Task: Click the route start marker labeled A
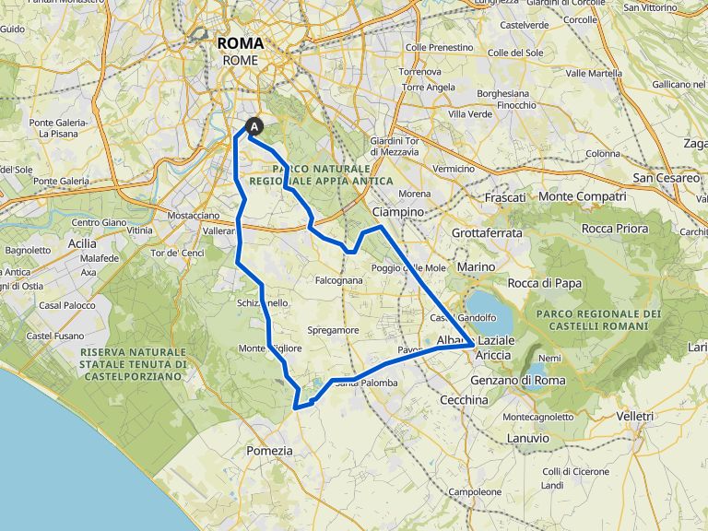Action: pyautogui.click(x=254, y=128)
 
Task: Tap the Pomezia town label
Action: pyautogui.click(x=269, y=451)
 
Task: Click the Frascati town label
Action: pyautogui.click(x=505, y=197)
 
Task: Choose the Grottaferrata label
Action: pyautogui.click(x=487, y=233)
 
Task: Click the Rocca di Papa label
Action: pyautogui.click(x=545, y=283)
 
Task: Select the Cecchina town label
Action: pyautogui.click(x=464, y=400)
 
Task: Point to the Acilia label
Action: pyautogui.click(x=81, y=242)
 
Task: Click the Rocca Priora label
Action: pyautogui.click(x=615, y=229)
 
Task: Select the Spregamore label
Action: pyautogui.click(x=333, y=329)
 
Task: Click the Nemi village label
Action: pyautogui.click(x=549, y=358)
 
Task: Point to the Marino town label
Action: pyautogui.click(x=476, y=266)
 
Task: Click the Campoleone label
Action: pyautogui.click(x=468, y=491)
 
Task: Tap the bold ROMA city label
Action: pyautogui.click(x=241, y=43)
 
